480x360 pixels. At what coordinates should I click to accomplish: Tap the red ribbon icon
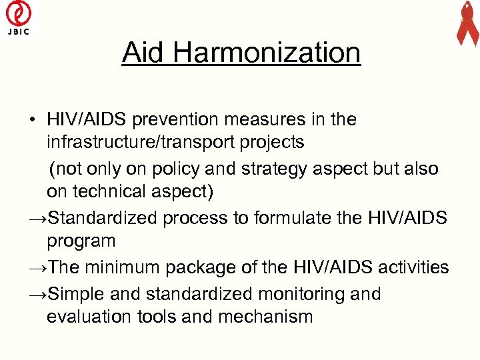(467, 23)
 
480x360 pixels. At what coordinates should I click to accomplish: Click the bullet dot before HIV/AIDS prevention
(31, 121)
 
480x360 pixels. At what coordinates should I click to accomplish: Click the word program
(81, 241)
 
